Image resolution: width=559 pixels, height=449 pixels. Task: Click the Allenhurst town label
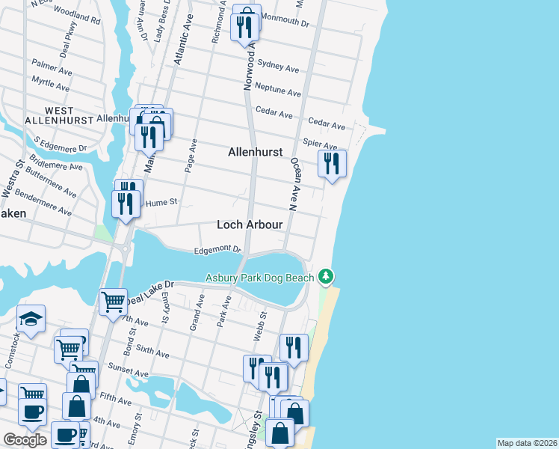pos(255,152)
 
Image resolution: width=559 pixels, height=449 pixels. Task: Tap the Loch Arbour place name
pos(249,224)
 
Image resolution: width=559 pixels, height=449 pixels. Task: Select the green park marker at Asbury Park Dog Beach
pos(325,278)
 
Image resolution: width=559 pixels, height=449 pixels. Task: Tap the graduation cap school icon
pos(31,320)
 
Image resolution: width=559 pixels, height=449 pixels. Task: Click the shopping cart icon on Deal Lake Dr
pos(113,302)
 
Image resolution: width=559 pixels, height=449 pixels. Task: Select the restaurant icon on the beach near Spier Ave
pos(332,163)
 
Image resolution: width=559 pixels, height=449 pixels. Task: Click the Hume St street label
pos(160,202)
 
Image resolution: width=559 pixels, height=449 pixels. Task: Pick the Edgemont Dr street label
pos(217,250)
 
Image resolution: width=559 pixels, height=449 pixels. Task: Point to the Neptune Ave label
pos(278,90)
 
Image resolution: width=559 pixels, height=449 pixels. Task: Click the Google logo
pos(25,439)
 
